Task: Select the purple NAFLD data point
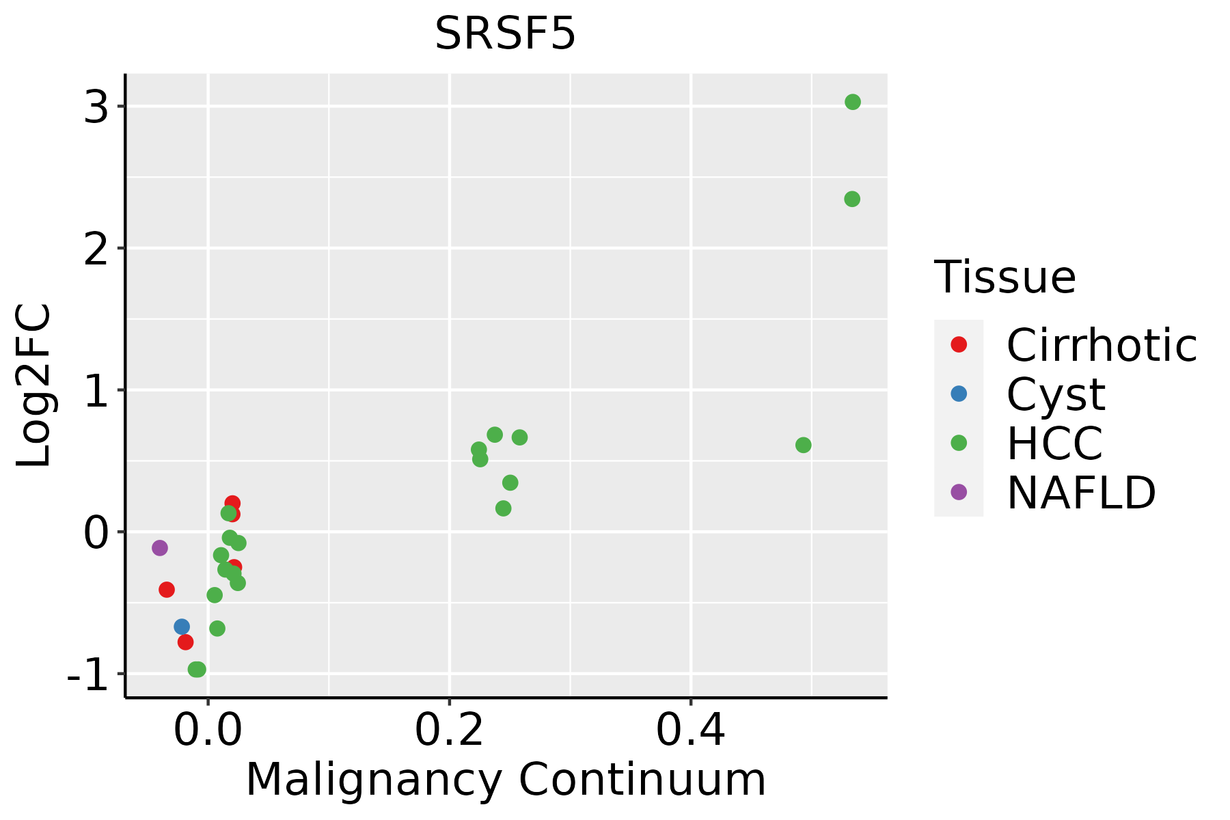pos(160,547)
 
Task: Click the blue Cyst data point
pos(182,627)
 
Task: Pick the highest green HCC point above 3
pos(853,102)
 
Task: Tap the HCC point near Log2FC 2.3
pos(852,199)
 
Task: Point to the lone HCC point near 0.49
pos(804,445)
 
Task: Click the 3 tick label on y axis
pos(96,107)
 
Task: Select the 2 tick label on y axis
pos(96,249)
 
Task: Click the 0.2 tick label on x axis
pos(450,730)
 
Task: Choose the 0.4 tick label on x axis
pos(691,730)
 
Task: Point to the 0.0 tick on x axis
pos(208,730)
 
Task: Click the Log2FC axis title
pos(34,385)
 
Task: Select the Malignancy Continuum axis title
pos(506,779)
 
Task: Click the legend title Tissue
pos(1004,277)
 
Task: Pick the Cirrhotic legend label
pos(1102,345)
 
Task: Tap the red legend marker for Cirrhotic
pos(959,344)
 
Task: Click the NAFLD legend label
pos(1081,492)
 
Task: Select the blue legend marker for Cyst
pos(959,394)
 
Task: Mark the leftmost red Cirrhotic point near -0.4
pos(167,589)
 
